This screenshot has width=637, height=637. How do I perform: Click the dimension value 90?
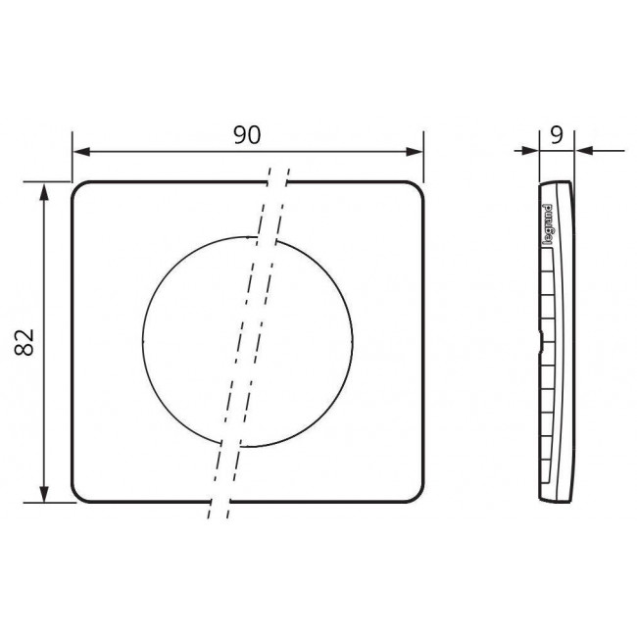(247, 135)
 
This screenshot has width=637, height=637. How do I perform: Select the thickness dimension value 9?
(557, 135)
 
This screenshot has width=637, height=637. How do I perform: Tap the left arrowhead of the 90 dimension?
(80, 152)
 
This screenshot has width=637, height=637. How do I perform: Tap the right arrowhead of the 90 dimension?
(416, 152)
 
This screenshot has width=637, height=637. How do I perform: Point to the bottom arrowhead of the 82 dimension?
(44, 495)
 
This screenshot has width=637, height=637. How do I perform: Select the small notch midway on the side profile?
(540, 343)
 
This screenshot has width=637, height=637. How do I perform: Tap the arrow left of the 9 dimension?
(530, 151)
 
